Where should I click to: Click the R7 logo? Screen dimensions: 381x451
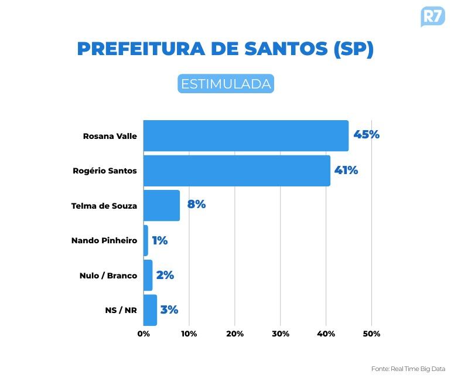[x=432, y=16]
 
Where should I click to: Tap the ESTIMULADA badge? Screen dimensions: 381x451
[x=225, y=84]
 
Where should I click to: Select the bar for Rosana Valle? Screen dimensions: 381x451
[x=246, y=135]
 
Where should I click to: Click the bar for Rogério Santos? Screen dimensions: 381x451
[x=237, y=171]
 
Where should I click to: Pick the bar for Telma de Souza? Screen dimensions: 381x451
[x=162, y=205]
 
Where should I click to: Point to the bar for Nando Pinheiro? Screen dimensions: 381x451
[x=146, y=240]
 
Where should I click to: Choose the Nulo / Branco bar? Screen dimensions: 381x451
[x=148, y=275]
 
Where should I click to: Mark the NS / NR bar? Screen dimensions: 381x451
[x=151, y=310]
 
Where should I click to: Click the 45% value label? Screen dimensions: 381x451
[x=367, y=135]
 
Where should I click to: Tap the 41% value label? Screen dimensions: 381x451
[x=346, y=171]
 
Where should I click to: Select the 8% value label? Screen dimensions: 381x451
[x=196, y=205]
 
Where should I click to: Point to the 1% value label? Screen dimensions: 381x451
[x=160, y=240]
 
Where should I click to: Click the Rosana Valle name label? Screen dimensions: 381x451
[x=110, y=136]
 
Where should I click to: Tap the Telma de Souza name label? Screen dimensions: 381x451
[x=104, y=206]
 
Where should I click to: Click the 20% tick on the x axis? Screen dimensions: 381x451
[x=234, y=334]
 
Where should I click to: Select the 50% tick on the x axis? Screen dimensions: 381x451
[x=371, y=334]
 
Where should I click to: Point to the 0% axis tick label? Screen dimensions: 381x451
[x=143, y=334]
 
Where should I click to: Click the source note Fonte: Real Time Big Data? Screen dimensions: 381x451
[x=408, y=369]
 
